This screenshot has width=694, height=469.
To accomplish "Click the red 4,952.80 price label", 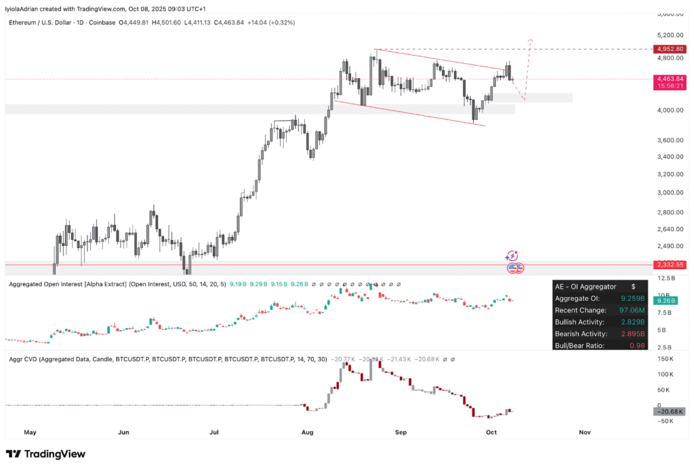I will pos(670,49).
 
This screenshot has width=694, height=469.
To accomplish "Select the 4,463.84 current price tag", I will pos(670,79).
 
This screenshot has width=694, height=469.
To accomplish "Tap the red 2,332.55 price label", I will pos(670,265).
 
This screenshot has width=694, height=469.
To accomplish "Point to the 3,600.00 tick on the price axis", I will pos(670,140).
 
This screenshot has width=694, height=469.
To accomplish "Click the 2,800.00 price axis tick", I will pos(670,212).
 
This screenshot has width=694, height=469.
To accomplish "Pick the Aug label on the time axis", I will pos(307,432).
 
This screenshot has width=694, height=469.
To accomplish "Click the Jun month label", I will pos(123,432).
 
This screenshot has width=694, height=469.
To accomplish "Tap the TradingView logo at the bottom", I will pos(46,454).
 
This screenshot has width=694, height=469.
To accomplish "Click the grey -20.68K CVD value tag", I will pos(670,411).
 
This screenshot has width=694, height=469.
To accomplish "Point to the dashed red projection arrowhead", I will pos(531,40).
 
